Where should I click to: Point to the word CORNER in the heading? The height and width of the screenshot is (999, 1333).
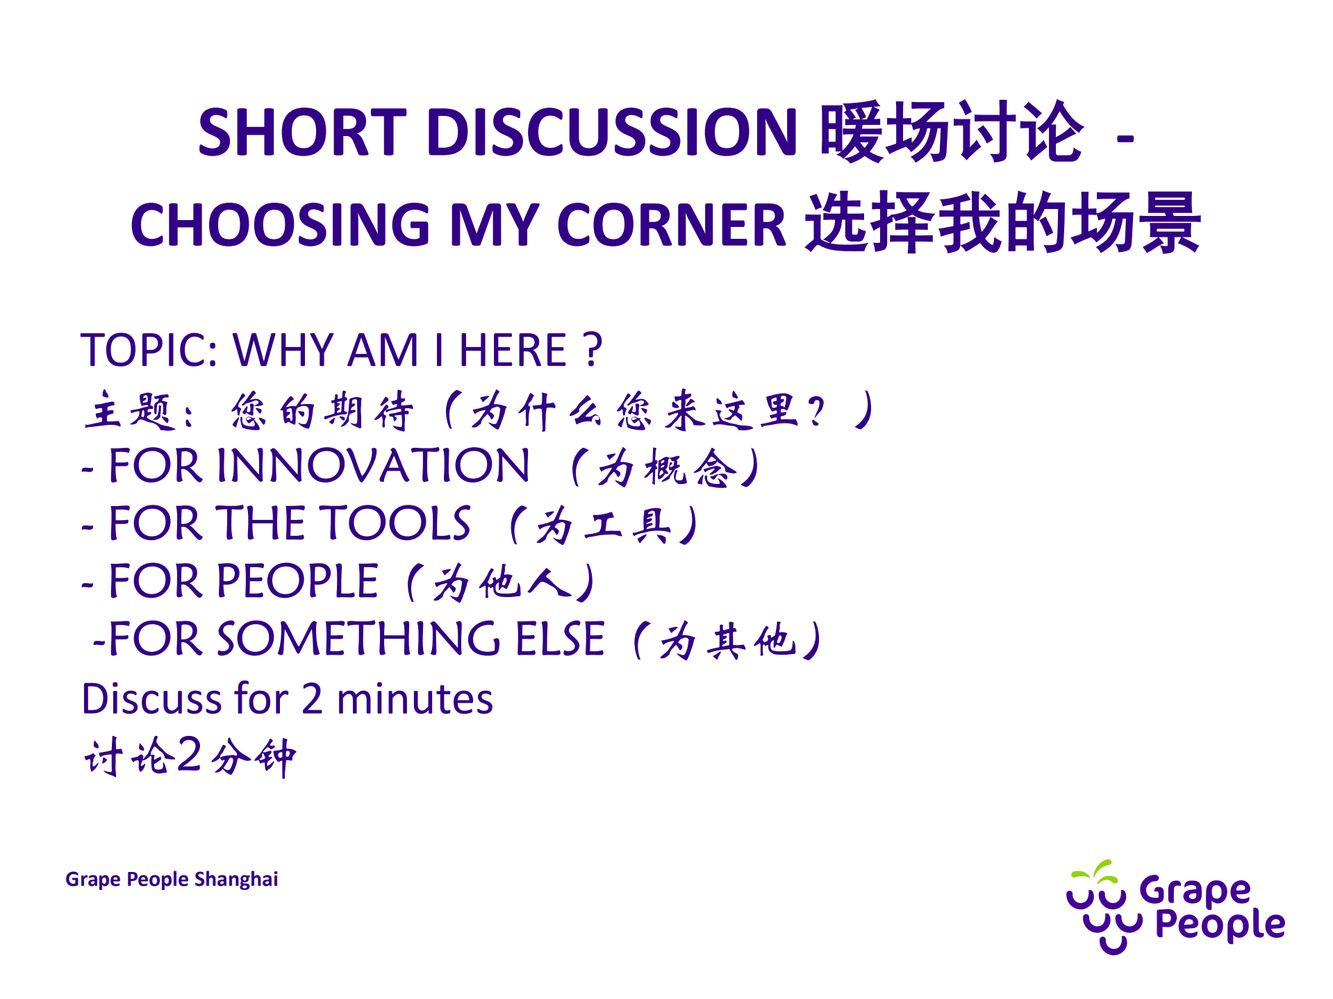click(x=671, y=224)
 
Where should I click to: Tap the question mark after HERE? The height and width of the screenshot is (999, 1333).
click(x=593, y=349)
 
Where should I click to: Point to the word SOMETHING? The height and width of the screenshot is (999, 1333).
click(x=358, y=639)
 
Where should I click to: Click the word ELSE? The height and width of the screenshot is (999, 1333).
click(x=560, y=639)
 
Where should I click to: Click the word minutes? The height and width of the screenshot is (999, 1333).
click(x=415, y=698)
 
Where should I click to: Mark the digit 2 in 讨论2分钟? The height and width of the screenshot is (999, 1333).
click(x=189, y=755)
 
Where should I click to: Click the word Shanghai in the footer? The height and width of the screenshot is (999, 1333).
click(x=236, y=879)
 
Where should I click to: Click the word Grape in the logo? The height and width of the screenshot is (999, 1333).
click(x=1195, y=891)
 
